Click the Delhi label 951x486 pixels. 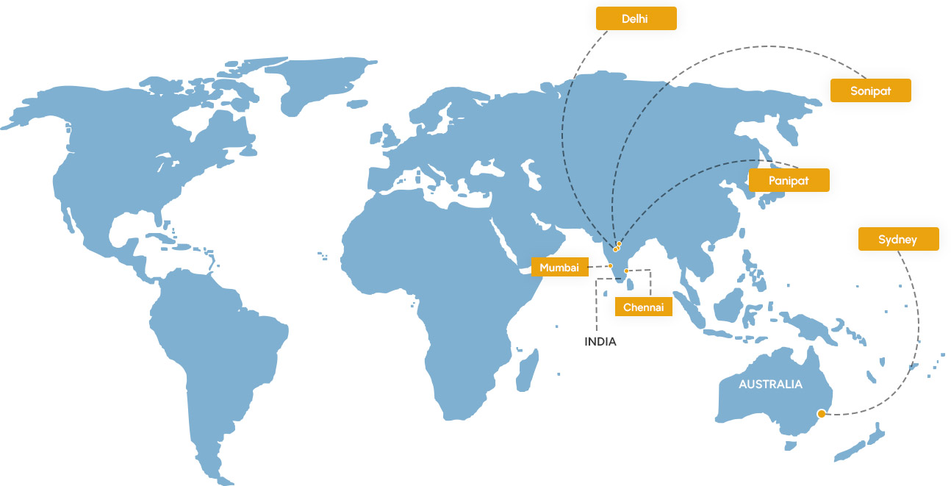pos(636,18)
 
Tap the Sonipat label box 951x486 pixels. pos(870,90)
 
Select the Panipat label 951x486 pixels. pos(789,180)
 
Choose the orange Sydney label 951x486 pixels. pos(897,239)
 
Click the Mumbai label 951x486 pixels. pos(559,268)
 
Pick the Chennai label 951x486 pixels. pos(643,307)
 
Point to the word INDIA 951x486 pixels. pos(600,342)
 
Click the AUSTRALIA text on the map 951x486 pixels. pos(770,384)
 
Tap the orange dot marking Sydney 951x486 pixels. pos(821,414)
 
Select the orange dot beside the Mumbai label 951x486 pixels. pos(610,266)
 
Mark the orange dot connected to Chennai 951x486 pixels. pos(626,271)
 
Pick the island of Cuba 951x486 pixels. pos(160,237)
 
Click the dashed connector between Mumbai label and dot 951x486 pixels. pos(600,267)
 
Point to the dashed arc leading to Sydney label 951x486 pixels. pos(915,331)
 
